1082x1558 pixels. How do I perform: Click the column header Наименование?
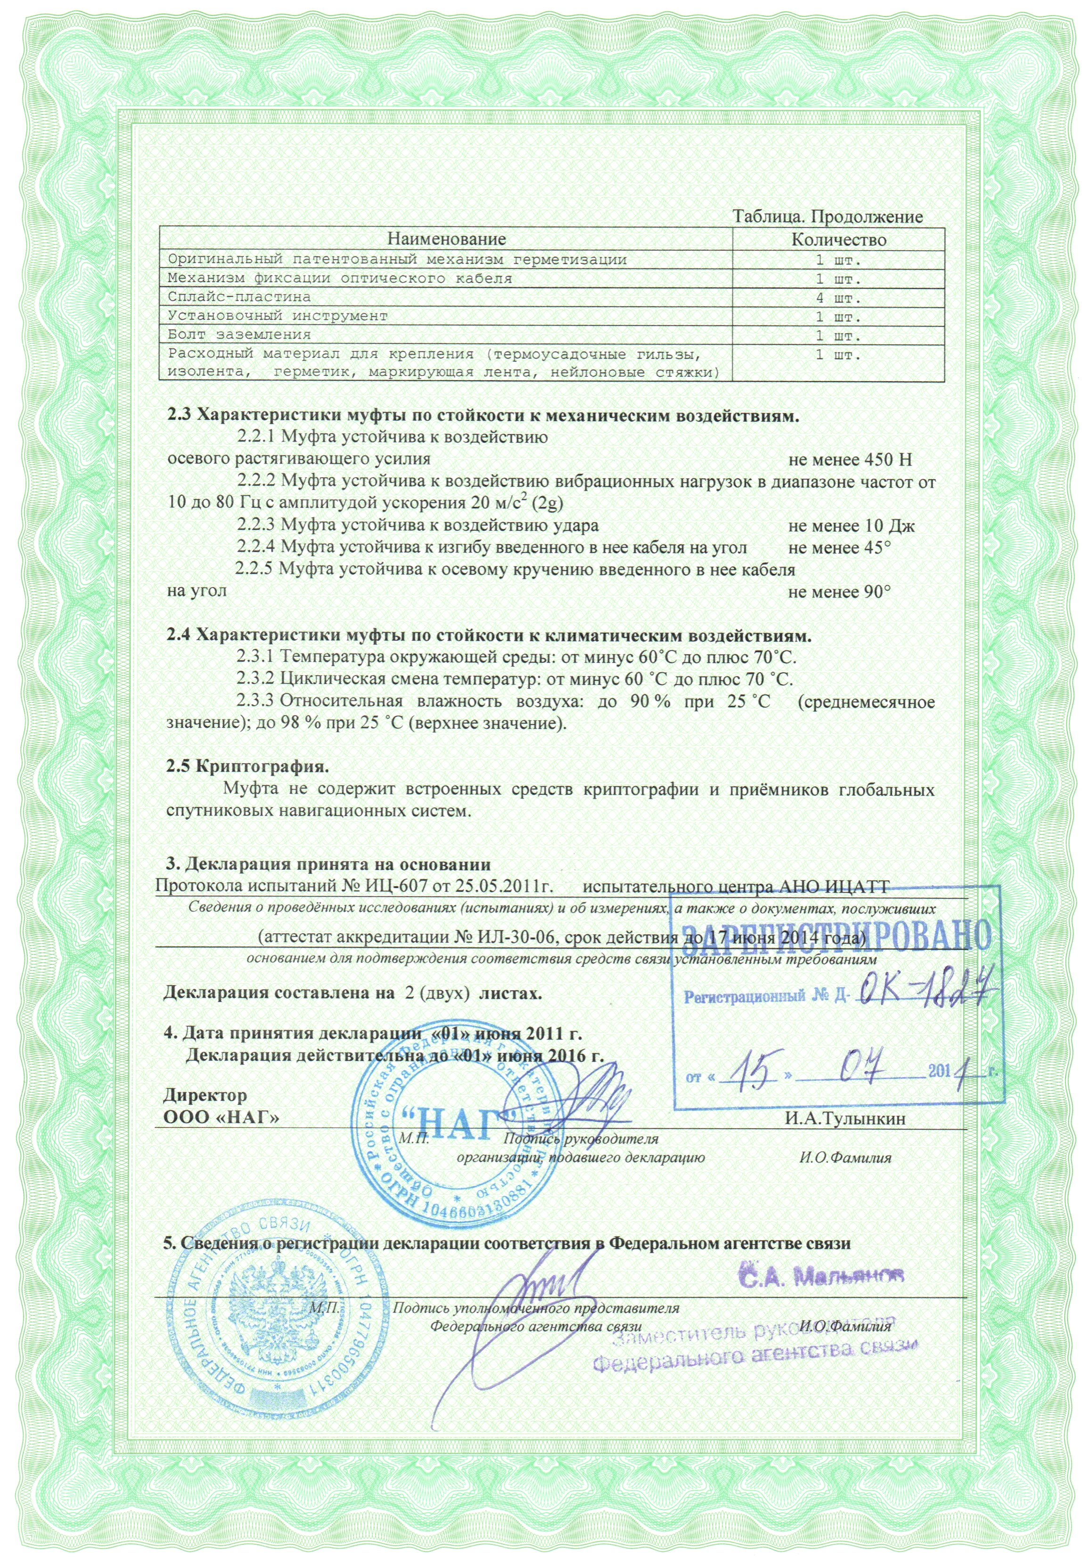pyautogui.click(x=446, y=239)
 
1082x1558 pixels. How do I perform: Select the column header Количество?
pyautogui.click(x=839, y=239)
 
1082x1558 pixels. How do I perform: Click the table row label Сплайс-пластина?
pyautogui.click(x=239, y=297)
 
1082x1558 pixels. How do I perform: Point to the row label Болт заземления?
pyautogui.click(x=239, y=335)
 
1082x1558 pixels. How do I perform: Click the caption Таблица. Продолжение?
pyautogui.click(x=828, y=217)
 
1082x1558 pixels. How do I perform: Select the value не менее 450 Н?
pyautogui.click(x=850, y=459)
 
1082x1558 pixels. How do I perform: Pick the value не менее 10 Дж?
pyautogui.click(x=852, y=526)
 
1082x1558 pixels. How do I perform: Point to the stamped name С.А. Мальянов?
pyautogui.click(x=821, y=1277)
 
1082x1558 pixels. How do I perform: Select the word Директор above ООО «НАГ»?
pyautogui.click(x=205, y=1095)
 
